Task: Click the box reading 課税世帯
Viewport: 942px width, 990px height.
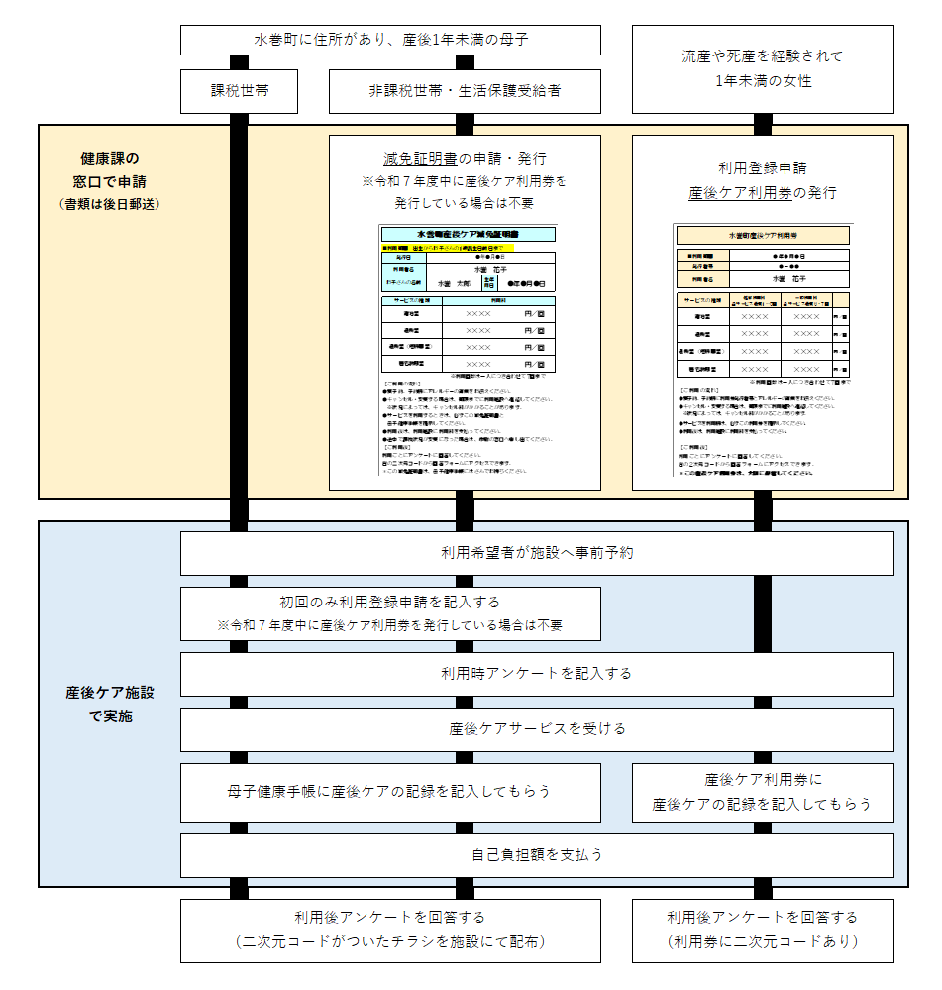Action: [240, 91]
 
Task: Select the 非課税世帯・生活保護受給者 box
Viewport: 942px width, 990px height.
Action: [465, 91]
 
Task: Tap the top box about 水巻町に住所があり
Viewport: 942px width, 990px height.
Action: [390, 41]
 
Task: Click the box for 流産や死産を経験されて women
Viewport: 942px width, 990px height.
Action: [762, 69]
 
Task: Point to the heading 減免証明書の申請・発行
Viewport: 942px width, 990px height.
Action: [465, 159]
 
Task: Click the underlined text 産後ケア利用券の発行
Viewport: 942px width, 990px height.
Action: [762, 192]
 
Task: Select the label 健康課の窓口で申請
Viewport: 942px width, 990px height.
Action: [110, 169]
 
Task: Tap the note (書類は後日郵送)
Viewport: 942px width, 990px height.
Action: [110, 204]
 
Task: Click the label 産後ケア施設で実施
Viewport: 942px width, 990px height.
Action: [110, 704]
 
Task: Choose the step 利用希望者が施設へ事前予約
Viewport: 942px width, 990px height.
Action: [536, 553]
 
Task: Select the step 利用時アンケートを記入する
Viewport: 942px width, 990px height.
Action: [536, 674]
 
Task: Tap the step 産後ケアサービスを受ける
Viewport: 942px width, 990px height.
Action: [536, 729]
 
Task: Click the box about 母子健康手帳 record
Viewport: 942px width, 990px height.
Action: [390, 792]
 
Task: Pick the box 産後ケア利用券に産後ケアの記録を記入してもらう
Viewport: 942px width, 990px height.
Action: [762, 792]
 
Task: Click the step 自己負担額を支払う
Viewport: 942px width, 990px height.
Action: [536, 854]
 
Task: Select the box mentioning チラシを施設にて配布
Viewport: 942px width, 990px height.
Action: [390, 930]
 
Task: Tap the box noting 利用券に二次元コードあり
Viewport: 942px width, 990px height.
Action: [762, 930]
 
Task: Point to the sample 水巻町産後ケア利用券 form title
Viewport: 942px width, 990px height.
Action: [762, 236]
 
